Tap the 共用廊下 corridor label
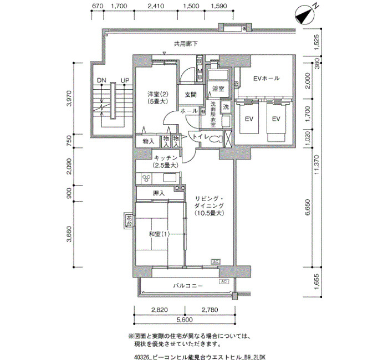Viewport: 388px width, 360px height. [186, 43]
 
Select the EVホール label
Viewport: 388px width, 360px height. [266, 79]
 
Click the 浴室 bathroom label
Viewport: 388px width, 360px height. [218, 89]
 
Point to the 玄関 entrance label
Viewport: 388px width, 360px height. [191, 95]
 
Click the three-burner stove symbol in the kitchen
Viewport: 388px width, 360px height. [147, 178]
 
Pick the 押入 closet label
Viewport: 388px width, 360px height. [159, 193]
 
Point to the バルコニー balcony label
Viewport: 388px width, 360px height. [187, 286]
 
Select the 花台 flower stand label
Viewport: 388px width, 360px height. [129, 221]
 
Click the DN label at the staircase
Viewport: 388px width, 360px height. [101, 81]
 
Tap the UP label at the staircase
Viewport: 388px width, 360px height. [125, 81]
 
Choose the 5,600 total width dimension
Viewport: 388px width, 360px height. [185, 320]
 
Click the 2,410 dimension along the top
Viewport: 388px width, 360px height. [156, 7]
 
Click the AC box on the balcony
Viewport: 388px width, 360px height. [224, 281]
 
